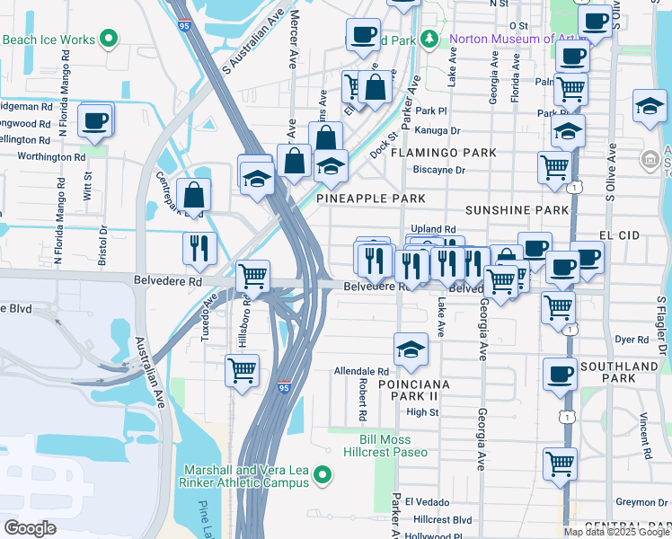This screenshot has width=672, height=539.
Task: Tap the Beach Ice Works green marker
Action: pos(110,39)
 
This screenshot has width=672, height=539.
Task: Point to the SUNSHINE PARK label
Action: pos(517,210)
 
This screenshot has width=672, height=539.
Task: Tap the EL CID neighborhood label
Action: pos(617,234)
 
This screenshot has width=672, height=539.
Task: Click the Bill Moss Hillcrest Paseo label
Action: pos(398,446)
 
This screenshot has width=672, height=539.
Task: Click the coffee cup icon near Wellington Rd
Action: pos(94,120)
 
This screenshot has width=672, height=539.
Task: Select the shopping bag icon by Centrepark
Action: pos(194,193)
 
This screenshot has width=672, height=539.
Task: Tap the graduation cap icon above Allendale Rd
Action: pos(411,349)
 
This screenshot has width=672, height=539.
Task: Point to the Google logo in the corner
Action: pos(30,527)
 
